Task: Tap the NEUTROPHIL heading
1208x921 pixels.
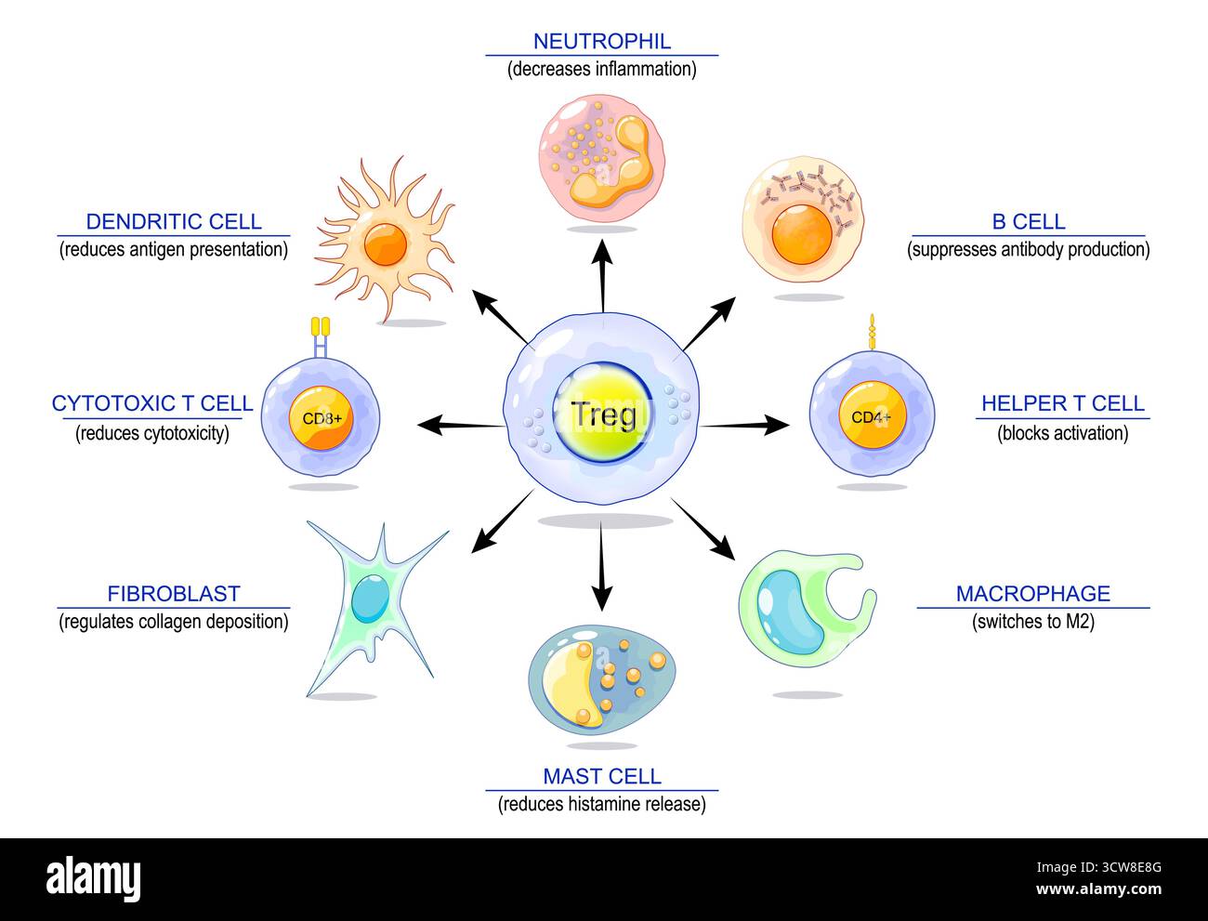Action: pyautogui.click(x=601, y=41)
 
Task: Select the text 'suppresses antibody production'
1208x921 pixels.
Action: pyautogui.click(x=1028, y=249)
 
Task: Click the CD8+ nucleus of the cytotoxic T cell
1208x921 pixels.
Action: pyautogui.click(x=321, y=418)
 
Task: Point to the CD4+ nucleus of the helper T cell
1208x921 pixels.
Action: pyautogui.click(x=870, y=417)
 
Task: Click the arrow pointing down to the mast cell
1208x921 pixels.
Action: pyautogui.click(x=602, y=567)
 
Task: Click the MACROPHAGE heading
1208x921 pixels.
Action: pyautogui.click(x=1032, y=593)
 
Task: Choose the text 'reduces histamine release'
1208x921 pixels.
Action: pyautogui.click(x=601, y=804)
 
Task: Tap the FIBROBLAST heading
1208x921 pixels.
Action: pyautogui.click(x=174, y=593)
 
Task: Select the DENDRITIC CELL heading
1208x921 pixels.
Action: pyautogui.click(x=174, y=221)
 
